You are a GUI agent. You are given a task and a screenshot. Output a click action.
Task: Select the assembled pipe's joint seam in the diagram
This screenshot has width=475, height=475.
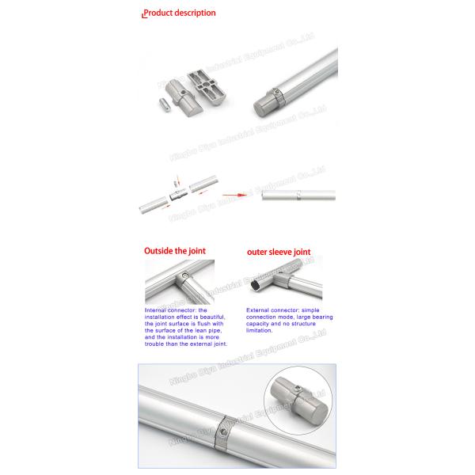[x=298, y=194]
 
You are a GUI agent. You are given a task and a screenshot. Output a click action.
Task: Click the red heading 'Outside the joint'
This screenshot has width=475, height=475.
[x=174, y=251]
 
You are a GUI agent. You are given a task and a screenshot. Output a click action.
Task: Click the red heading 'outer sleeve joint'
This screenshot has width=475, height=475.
[x=278, y=253]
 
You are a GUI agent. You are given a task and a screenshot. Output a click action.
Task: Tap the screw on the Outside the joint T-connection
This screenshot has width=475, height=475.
[x=185, y=278]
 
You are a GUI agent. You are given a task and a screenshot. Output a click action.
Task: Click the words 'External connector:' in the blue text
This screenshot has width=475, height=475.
[x=269, y=310]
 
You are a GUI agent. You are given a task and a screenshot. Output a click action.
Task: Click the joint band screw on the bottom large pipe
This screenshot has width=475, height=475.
[x=224, y=429]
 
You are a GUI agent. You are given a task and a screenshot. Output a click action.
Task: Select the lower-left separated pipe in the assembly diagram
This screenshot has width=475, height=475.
[x=152, y=205]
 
